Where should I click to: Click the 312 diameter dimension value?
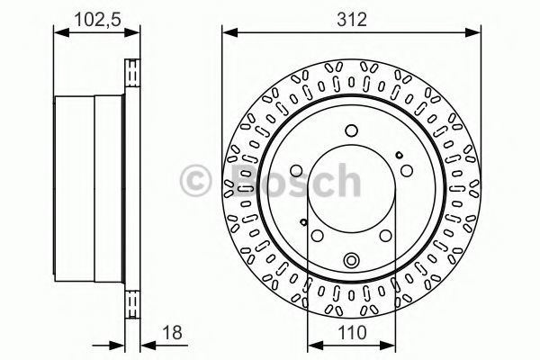click(352, 20)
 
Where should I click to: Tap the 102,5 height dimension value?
click(98, 19)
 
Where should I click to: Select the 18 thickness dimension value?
click(172, 333)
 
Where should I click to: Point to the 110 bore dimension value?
click(352, 333)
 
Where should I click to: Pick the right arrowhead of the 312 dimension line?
click(472, 33)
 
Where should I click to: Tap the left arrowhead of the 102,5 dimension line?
click(62, 33)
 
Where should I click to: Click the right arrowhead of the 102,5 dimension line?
click(132, 33)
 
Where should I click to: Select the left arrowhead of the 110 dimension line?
click(315, 346)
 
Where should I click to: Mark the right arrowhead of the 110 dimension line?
click(387, 346)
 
